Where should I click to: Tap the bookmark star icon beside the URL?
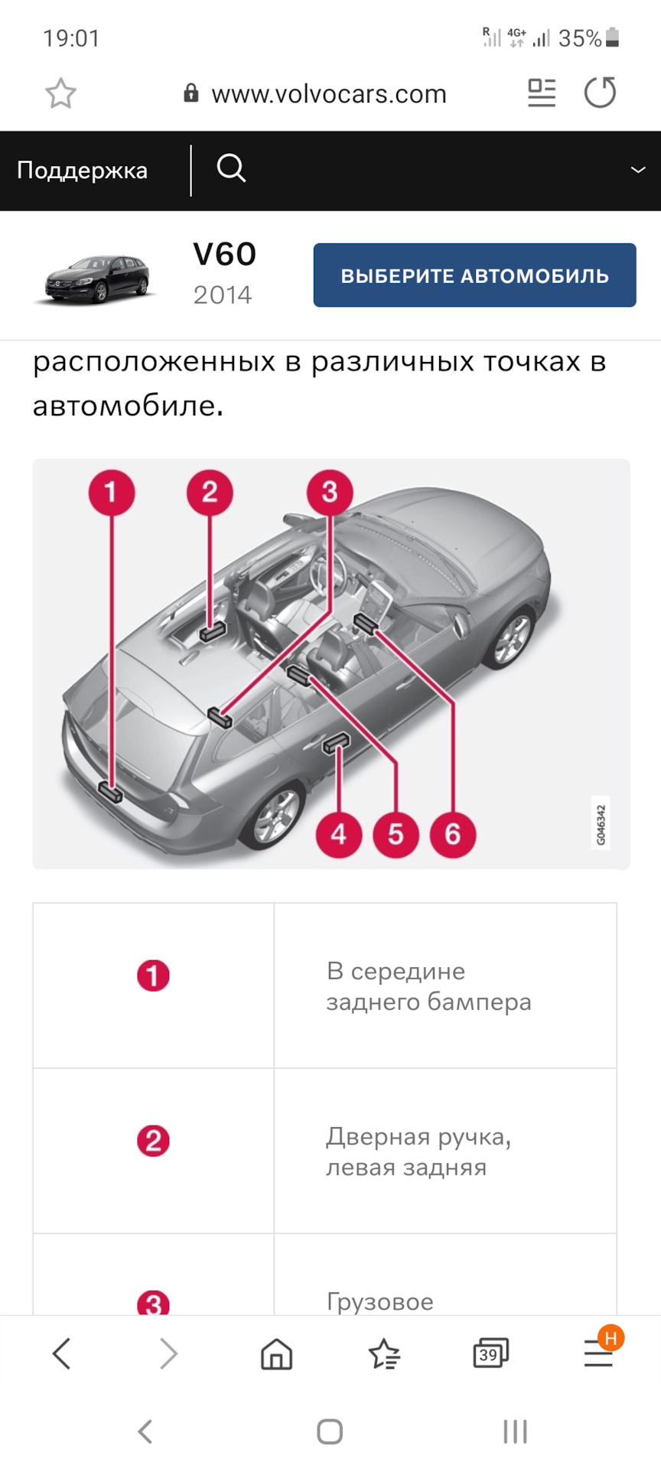[61, 94]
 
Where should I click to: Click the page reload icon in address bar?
[600, 93]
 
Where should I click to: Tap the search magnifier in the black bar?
[231, 168]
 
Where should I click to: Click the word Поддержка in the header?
[82, 170]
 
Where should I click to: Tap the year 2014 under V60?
[222, 295]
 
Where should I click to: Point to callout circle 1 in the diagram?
[112, 492]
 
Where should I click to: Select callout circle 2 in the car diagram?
[210, 492]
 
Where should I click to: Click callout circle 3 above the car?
[330, 492]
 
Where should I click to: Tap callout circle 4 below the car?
[339, 834]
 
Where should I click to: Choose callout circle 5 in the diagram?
[396, 834]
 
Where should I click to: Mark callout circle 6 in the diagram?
[453, 834]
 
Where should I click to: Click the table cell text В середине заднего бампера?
[428, 986]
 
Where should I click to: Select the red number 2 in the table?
[153, 1142]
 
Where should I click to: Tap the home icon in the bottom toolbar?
[276, 1354]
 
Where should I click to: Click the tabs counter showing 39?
[490, 1353]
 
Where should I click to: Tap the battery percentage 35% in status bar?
[579, 38]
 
